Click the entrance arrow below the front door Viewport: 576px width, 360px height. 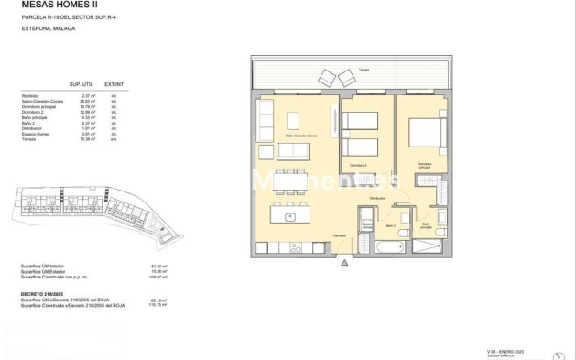tap(344, 262)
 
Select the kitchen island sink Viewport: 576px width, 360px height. tap(290, 217)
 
